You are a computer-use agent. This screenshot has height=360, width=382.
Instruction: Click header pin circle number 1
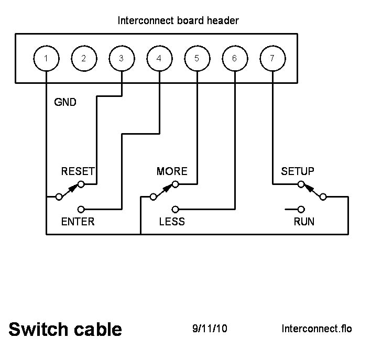click(46, 58)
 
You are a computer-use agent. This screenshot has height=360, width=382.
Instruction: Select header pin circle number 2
click(84, 58)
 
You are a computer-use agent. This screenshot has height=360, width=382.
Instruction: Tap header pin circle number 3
click(122, 58)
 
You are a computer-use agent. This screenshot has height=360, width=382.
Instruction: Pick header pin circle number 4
click(159, 58)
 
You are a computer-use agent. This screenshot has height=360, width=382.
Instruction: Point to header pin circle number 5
click(197, 58)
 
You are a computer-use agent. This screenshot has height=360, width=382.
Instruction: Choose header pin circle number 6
click(234, 58)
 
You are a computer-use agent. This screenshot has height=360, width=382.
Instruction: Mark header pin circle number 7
click(272, 58)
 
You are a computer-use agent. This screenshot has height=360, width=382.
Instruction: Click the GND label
click(66, 102)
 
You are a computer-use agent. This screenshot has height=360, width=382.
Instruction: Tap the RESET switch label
click(78, 171)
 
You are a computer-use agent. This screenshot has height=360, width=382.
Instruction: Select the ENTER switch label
click(78, 221)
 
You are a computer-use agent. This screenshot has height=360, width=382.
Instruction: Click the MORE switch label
click(172, 171)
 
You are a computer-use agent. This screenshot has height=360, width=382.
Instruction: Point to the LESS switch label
click(172, 221)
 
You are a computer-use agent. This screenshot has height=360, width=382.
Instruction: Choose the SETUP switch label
click(298, 171)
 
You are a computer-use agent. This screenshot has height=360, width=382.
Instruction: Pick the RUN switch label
click(304, 221)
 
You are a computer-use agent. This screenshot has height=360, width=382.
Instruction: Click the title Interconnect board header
click(179, 21)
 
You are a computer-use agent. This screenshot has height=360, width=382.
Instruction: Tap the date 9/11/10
click(210, 329)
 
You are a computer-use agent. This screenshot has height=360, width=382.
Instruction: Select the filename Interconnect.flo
click(316, 329)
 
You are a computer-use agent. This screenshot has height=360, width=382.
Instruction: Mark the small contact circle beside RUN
click(301, 209)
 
